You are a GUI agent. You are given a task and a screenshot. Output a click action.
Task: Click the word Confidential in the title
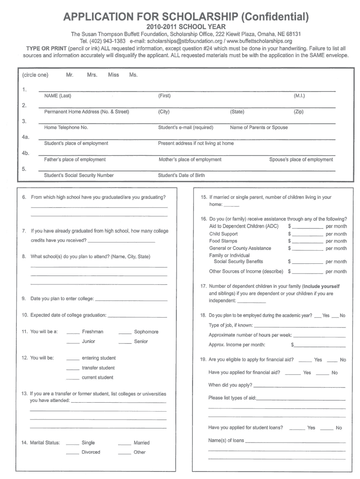274,17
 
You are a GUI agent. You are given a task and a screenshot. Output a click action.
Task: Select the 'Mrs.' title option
92,75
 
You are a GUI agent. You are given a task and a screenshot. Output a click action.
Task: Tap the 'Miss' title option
113,75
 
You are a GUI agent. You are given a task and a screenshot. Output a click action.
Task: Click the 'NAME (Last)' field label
58,96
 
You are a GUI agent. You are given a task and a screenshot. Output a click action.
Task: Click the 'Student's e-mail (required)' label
186,127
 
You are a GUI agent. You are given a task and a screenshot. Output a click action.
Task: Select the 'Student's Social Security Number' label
79,175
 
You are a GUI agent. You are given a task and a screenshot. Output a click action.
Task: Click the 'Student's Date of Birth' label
181,175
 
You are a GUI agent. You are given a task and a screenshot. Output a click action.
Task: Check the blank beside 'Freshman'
73,333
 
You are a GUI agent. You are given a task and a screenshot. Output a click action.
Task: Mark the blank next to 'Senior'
125,343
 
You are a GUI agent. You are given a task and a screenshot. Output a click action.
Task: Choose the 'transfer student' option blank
73,369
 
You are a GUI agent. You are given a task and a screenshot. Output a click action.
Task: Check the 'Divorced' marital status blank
72,454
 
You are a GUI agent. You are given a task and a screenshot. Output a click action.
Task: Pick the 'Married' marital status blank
124,444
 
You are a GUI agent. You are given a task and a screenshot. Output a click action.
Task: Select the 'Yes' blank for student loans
297,429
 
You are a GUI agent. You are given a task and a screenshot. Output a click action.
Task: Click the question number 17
203,286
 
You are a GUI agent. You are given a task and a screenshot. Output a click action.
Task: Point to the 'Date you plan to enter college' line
131,300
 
